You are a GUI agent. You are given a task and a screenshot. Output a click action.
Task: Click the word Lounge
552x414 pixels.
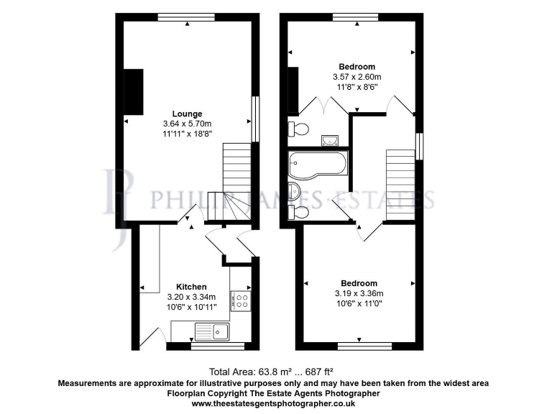coord(187,114)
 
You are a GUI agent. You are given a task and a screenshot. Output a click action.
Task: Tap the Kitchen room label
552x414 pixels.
coord(191,287)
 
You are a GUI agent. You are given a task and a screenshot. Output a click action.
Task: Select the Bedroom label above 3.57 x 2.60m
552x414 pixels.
coord(356,66)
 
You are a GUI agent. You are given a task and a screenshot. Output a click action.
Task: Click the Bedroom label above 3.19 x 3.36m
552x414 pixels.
coord(359,283)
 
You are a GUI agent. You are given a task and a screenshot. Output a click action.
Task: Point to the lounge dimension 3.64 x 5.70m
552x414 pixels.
coord(187,124)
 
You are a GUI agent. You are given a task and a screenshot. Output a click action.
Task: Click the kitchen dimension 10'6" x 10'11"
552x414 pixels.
coord(191,307)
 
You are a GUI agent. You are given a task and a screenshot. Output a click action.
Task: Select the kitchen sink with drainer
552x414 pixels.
coord(211,331)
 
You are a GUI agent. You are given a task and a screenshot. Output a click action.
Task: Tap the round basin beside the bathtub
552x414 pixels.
coord(295,191)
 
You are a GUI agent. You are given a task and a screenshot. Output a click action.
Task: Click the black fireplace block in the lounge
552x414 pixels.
coord(134,91)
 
